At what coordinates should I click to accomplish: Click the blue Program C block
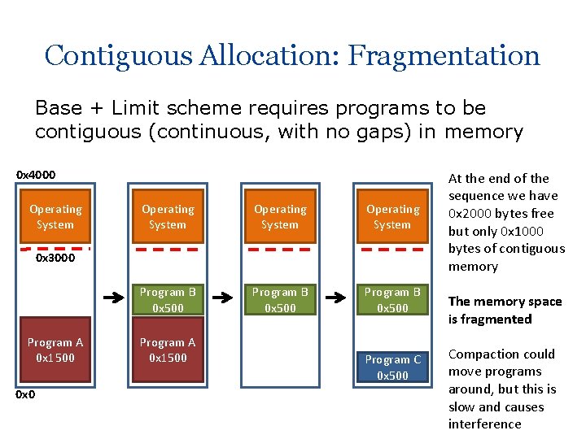(392, 367)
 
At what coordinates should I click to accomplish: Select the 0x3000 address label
(55, 258)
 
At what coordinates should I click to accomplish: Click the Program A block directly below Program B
(168, 350)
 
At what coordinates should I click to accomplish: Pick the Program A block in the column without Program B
(55, 350)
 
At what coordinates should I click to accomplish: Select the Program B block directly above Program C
(392, 301)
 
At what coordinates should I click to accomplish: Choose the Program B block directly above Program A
(168, 301)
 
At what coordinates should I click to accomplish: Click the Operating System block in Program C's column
(392, 217)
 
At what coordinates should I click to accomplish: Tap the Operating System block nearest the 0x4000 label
(55, 217)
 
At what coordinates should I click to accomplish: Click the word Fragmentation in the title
(444, 55)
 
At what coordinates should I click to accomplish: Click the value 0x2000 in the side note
(472, 214)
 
